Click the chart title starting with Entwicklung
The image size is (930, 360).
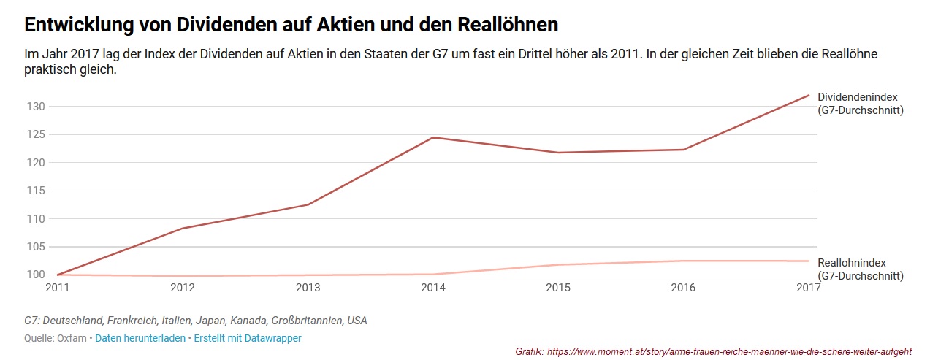[x=291, y=25]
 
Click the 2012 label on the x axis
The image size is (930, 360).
[x=182, y=288]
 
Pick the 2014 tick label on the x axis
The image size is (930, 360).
[x=433, y=288]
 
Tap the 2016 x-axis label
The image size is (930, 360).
[x=684, y=288]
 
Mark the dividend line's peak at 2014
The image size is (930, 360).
[x=433, y=137]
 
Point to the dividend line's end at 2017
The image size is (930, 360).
[x=809, y=95]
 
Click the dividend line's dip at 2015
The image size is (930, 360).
[x=559, y=153]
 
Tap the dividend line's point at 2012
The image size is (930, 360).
[x=182, y=229]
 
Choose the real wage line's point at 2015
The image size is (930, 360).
[x=559, y=264]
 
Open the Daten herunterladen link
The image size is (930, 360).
[x=140, y=338]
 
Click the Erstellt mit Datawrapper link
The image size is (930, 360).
[x=248, y=338]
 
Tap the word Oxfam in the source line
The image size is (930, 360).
[x=72, y=338]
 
